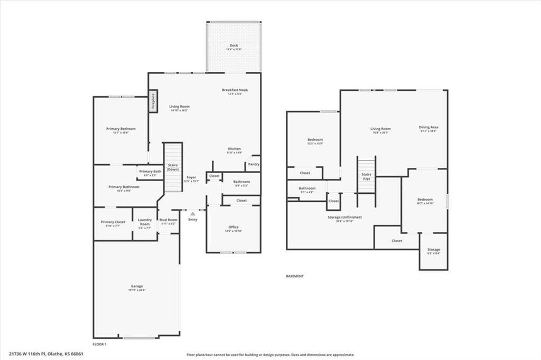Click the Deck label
[234, 46]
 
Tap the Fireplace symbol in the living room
[153, 100]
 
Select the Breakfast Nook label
[235, 90]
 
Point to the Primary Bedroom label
[120, 129]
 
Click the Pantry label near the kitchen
[254, 164]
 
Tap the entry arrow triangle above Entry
[193, 214]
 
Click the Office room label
[234, 228]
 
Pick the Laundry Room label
[145, 222]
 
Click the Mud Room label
[169, 220]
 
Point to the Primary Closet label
[113, 222]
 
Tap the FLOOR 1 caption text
[100, 344]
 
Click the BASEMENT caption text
[294, 276]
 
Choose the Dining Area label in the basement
[428, 128]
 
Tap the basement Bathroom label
[307, 189]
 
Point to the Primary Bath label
[150, 172]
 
